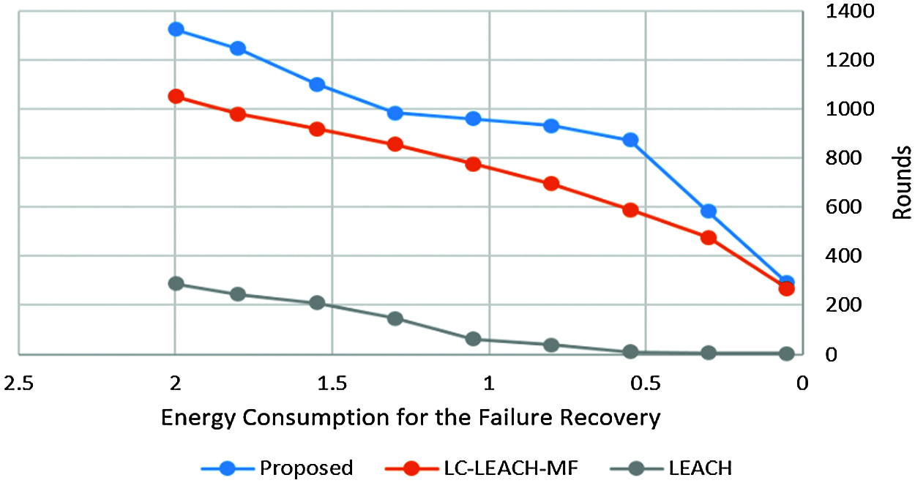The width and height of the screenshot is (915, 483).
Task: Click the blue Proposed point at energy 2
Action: pyautogui.click(x=176, y=29)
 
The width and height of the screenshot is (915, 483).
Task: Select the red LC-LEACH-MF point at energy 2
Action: pyautogui.click(x=176, y=97)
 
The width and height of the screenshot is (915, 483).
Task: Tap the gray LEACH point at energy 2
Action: pyautogui.click(x=176, y=283)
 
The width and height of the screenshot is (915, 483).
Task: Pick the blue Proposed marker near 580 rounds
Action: pyautogui.click(x=708, y=211)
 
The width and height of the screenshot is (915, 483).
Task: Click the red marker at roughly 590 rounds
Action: pyautogui.click(x=630, y=210)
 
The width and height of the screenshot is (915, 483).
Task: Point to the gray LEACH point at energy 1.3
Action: pyautogui.click(x=395, y=318)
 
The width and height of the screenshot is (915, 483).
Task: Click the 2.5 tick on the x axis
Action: pyautogui.click(x=19, y=383)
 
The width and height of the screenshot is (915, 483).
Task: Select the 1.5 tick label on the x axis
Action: pyautogui.click(x=332, y=383)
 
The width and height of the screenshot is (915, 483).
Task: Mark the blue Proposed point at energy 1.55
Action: pyautogui.click(x=317, y=84)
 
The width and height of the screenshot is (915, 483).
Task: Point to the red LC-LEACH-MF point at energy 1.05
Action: pyautogui.click(x=473, y=164)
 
